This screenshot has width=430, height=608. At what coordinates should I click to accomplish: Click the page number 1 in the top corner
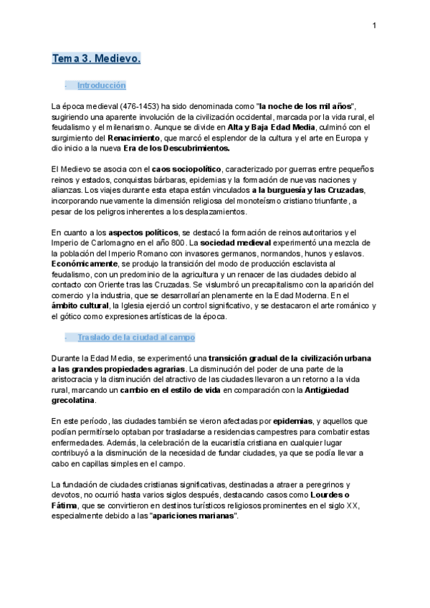coord(374,27)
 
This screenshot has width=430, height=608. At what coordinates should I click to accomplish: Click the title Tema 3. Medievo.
coord(96,59)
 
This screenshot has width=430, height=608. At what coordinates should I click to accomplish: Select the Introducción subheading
coord(101,85)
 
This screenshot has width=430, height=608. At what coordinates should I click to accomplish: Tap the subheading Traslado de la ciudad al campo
coord(135,337)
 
